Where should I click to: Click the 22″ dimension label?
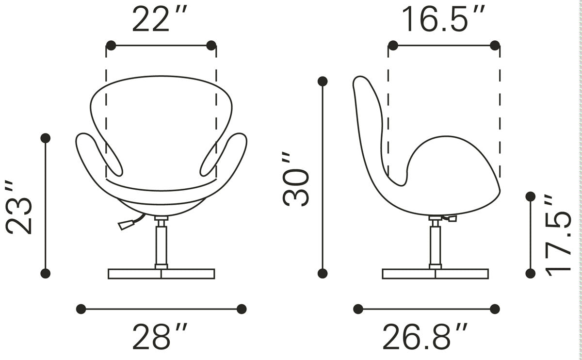(x=160, y=19)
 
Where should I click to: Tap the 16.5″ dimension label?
(x=443, y=19)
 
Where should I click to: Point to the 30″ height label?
(x=295, y=180)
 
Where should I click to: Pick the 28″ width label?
(x=160, y=336)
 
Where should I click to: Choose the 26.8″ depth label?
(x=425, y=336)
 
